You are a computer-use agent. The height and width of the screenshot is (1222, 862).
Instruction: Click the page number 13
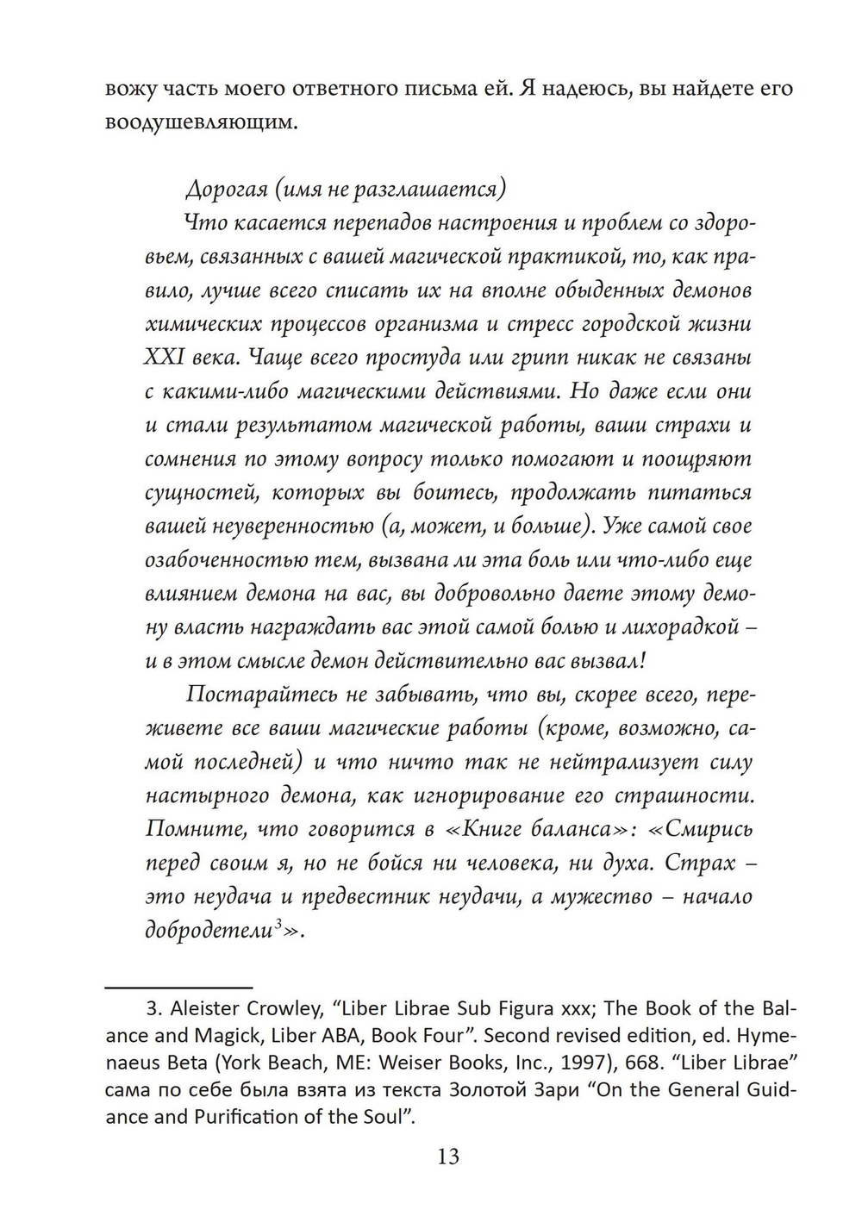pyautogui.click(x=448, y=1156)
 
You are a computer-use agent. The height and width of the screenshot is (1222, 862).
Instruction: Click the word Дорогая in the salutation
pyautogui.click(x=222, y=189)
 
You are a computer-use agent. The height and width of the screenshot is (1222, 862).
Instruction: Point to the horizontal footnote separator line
pyautogui.click(x=178, y=986)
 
